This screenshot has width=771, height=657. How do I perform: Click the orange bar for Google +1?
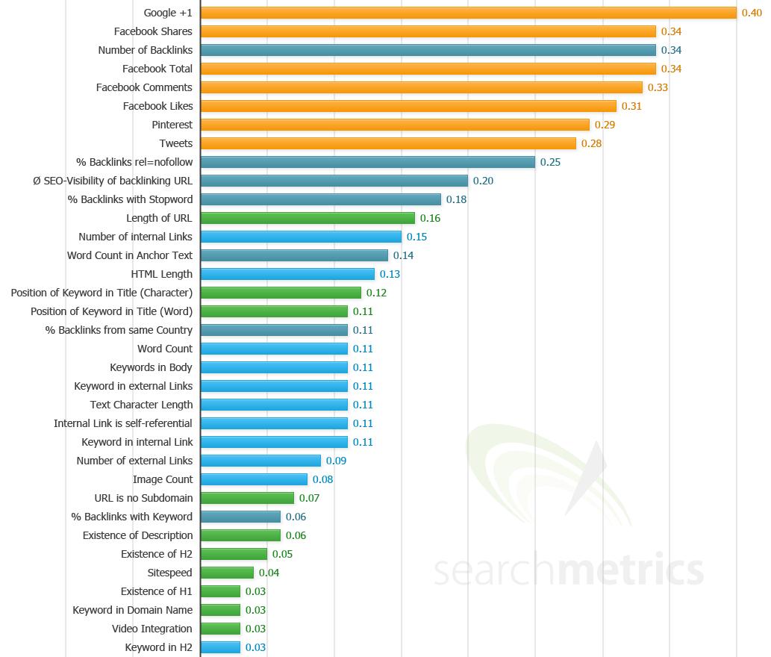[469, 13]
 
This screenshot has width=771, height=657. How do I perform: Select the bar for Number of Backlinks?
[428, 50]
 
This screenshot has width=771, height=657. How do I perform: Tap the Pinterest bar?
[395, 125]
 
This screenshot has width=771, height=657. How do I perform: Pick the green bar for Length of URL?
[308, 218]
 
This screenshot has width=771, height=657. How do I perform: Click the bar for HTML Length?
[287, 274]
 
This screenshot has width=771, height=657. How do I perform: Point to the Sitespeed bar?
[227, 573]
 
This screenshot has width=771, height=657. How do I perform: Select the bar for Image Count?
[254, 479]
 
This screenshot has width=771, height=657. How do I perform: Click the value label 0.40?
[751, 13]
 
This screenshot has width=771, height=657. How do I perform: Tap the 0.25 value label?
[550, 162]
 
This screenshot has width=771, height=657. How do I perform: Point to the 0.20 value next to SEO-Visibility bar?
[483, 181]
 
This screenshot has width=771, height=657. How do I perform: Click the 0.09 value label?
[336, 461]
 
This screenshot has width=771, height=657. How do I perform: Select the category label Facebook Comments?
[144, 87]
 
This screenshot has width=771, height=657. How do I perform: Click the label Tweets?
[175, 143]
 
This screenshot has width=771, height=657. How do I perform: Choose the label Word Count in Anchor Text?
[130, 255]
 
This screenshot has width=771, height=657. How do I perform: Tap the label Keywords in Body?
[151, 367]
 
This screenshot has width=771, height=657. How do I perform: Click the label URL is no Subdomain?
[143, 498]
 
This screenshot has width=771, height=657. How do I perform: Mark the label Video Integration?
[152, 629]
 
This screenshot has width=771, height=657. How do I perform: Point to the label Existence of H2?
[157, 554]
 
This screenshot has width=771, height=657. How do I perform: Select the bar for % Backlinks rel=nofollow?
[368, 162]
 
